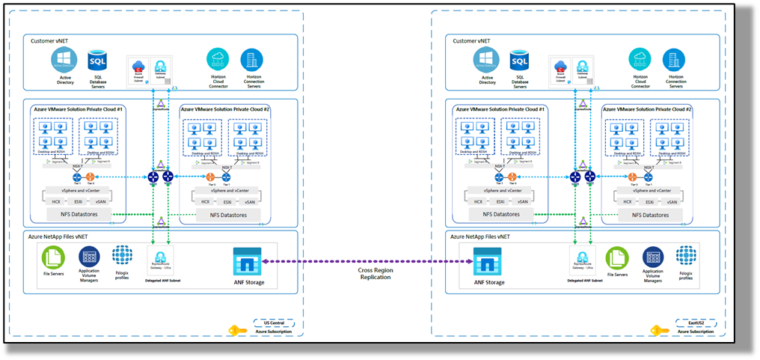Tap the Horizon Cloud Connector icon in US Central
click(x=218, y=60)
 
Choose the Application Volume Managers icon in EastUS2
click(x=653, y=258)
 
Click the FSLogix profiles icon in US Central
click(x=122, y=256)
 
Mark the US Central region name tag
click(x=274, y=323)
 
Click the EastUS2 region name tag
click(x=696, y=323)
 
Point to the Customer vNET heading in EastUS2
click(x=474, y=40)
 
